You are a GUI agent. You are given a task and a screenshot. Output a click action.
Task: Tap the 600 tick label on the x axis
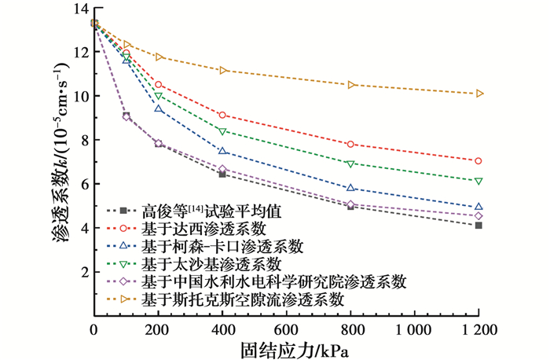tap(287, 329)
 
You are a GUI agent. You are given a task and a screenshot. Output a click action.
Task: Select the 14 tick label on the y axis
tap(78, 9)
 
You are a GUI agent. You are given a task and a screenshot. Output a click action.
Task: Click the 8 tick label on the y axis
tap(82, 140)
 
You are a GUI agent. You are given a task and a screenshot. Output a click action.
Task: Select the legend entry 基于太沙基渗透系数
tap(211, 263)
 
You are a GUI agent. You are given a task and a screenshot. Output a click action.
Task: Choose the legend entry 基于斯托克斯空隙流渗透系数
tap(244, 299)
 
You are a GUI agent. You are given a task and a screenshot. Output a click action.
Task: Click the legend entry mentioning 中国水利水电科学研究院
tap(275, 281)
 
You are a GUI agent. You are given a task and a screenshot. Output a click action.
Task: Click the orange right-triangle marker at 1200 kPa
tap(479, 94)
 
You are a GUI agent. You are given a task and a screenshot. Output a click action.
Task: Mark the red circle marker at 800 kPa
tap(350, 145)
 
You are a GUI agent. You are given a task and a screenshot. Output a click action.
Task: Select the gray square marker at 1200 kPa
tap(478, 226)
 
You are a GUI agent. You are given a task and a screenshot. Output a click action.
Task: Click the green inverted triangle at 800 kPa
tap(350, 163)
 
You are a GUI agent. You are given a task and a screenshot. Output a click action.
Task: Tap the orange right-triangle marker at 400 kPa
tap(223, 71)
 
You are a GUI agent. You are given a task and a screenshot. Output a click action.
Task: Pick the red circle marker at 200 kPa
tap(159, 85)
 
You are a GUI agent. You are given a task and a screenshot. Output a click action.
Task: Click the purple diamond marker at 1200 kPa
tap(478, 215)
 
